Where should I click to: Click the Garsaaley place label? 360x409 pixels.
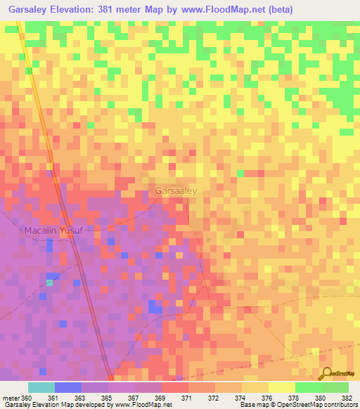176,190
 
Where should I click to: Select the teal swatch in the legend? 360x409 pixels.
41,387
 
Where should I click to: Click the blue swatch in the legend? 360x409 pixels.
68,387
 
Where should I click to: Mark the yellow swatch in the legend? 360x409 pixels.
281,387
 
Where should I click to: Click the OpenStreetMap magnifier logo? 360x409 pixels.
326,374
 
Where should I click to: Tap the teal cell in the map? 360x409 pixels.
49,283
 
